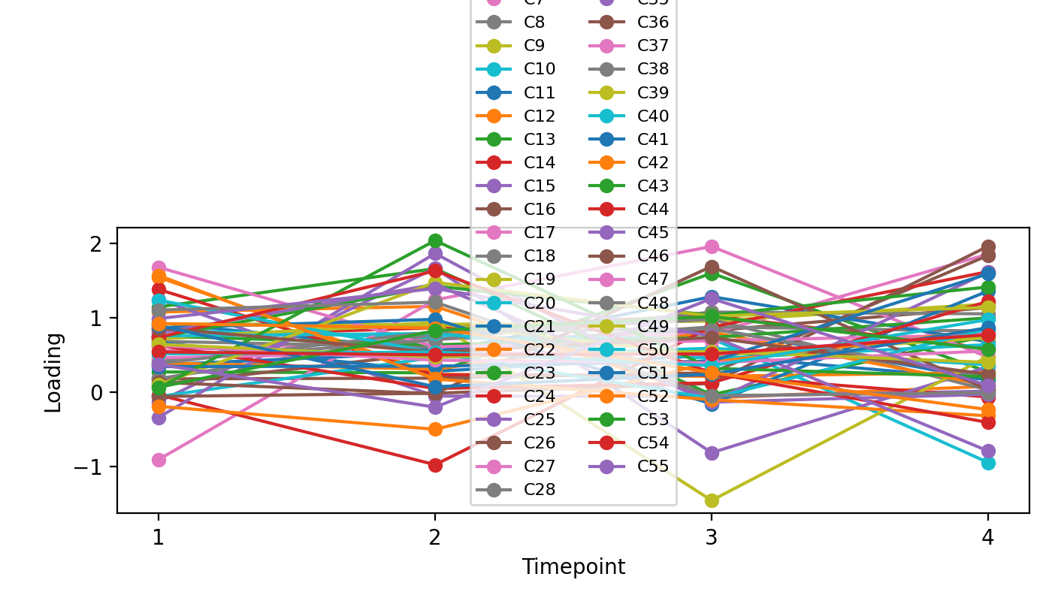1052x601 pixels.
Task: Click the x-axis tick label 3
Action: coord(711,539)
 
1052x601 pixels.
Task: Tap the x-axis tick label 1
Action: coord(158,539)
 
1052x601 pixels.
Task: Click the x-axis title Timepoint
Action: coord(573,567)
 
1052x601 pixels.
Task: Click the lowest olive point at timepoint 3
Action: coord(712,500)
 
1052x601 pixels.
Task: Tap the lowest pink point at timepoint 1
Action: coord(159,460)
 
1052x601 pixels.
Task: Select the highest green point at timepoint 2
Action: coord(435,241)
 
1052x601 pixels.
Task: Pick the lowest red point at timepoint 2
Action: coord(435,465)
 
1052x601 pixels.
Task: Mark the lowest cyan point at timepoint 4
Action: coord(988,463)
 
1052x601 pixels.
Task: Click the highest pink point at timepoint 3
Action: coord(712,246)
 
